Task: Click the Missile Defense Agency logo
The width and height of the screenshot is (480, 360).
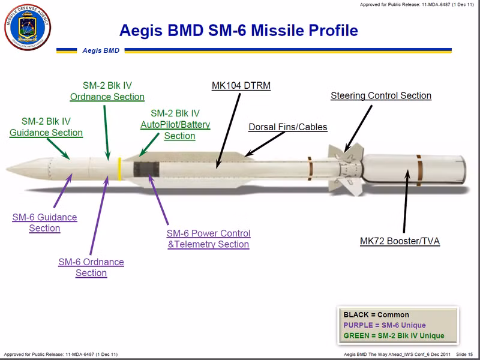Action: point(28,28)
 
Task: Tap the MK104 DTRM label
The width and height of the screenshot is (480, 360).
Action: point(241,86)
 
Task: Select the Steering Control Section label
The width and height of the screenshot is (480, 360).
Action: point(380,95)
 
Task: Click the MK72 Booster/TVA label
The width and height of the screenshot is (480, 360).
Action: point(400,241)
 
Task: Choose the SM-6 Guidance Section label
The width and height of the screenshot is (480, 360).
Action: point(44,223)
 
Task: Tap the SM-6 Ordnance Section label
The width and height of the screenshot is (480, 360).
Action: point(91,268)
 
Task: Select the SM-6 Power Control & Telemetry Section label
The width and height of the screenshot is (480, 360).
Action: point(208,238)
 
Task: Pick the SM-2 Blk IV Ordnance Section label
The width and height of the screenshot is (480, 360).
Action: point(107,91)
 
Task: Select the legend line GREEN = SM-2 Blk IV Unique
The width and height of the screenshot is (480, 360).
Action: point(394,336)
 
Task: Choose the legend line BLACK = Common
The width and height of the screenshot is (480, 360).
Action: point(376,314)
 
